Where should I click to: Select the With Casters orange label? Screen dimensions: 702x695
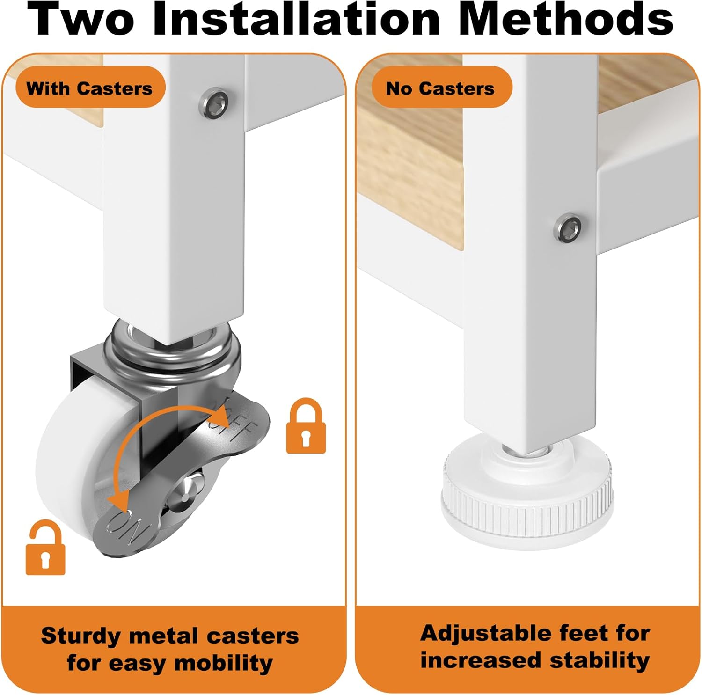pyautogui.click(x=90, y=88)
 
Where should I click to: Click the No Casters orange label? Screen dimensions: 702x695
pyautogui.click(x=441, y=88)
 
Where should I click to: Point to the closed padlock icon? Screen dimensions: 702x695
pyautogui.click(x=306, y=426)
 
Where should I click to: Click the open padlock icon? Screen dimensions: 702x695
pyautogui.click(x=45, y=548)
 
